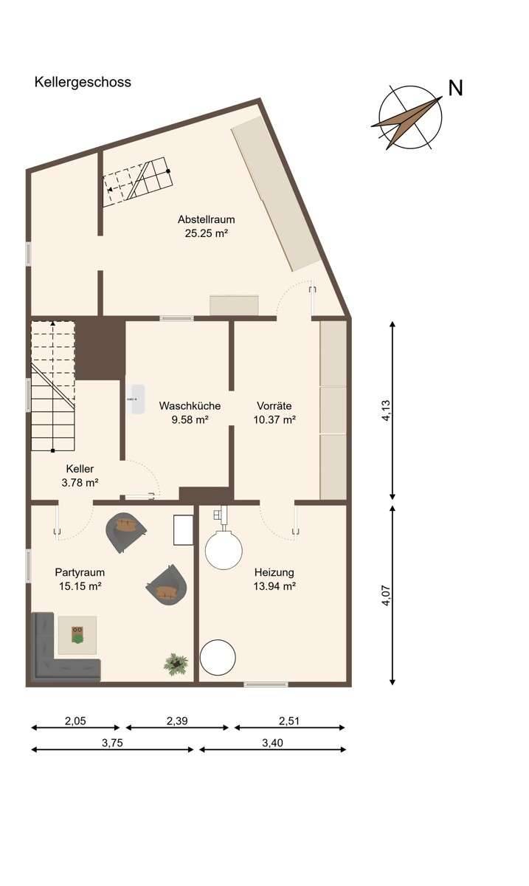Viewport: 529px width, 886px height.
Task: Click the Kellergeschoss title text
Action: point(83,82)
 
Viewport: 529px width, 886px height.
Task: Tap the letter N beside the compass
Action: point(455,88)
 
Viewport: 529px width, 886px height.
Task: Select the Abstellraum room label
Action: point(206,219)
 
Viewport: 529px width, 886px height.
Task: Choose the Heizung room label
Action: point(274,572)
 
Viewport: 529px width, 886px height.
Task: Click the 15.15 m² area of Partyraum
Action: point(78,586)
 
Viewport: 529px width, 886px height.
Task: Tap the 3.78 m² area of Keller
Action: point(80,482)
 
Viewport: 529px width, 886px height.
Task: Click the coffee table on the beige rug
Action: point(77,634)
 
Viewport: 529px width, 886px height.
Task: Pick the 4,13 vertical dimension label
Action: point(385,411)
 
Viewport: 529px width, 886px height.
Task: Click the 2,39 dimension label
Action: point(177,721)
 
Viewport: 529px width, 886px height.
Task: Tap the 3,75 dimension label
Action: point(112,744)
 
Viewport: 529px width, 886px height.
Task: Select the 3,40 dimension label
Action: point(272,744)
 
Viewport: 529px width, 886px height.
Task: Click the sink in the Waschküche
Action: point(135,399)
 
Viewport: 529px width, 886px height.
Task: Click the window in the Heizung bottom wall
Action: point(266,684)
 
